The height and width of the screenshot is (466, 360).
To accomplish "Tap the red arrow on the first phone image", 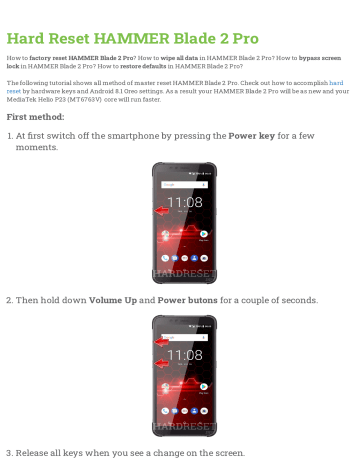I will [x=161, y=212].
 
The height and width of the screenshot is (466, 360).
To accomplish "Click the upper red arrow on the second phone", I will [x=162, y=342].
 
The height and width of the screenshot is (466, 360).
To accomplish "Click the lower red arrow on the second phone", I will [x=162, y=364].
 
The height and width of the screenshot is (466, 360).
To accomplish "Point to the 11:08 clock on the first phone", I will [x=184, y=203].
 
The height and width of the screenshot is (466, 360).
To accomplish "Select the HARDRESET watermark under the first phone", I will [x=181, y=274].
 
